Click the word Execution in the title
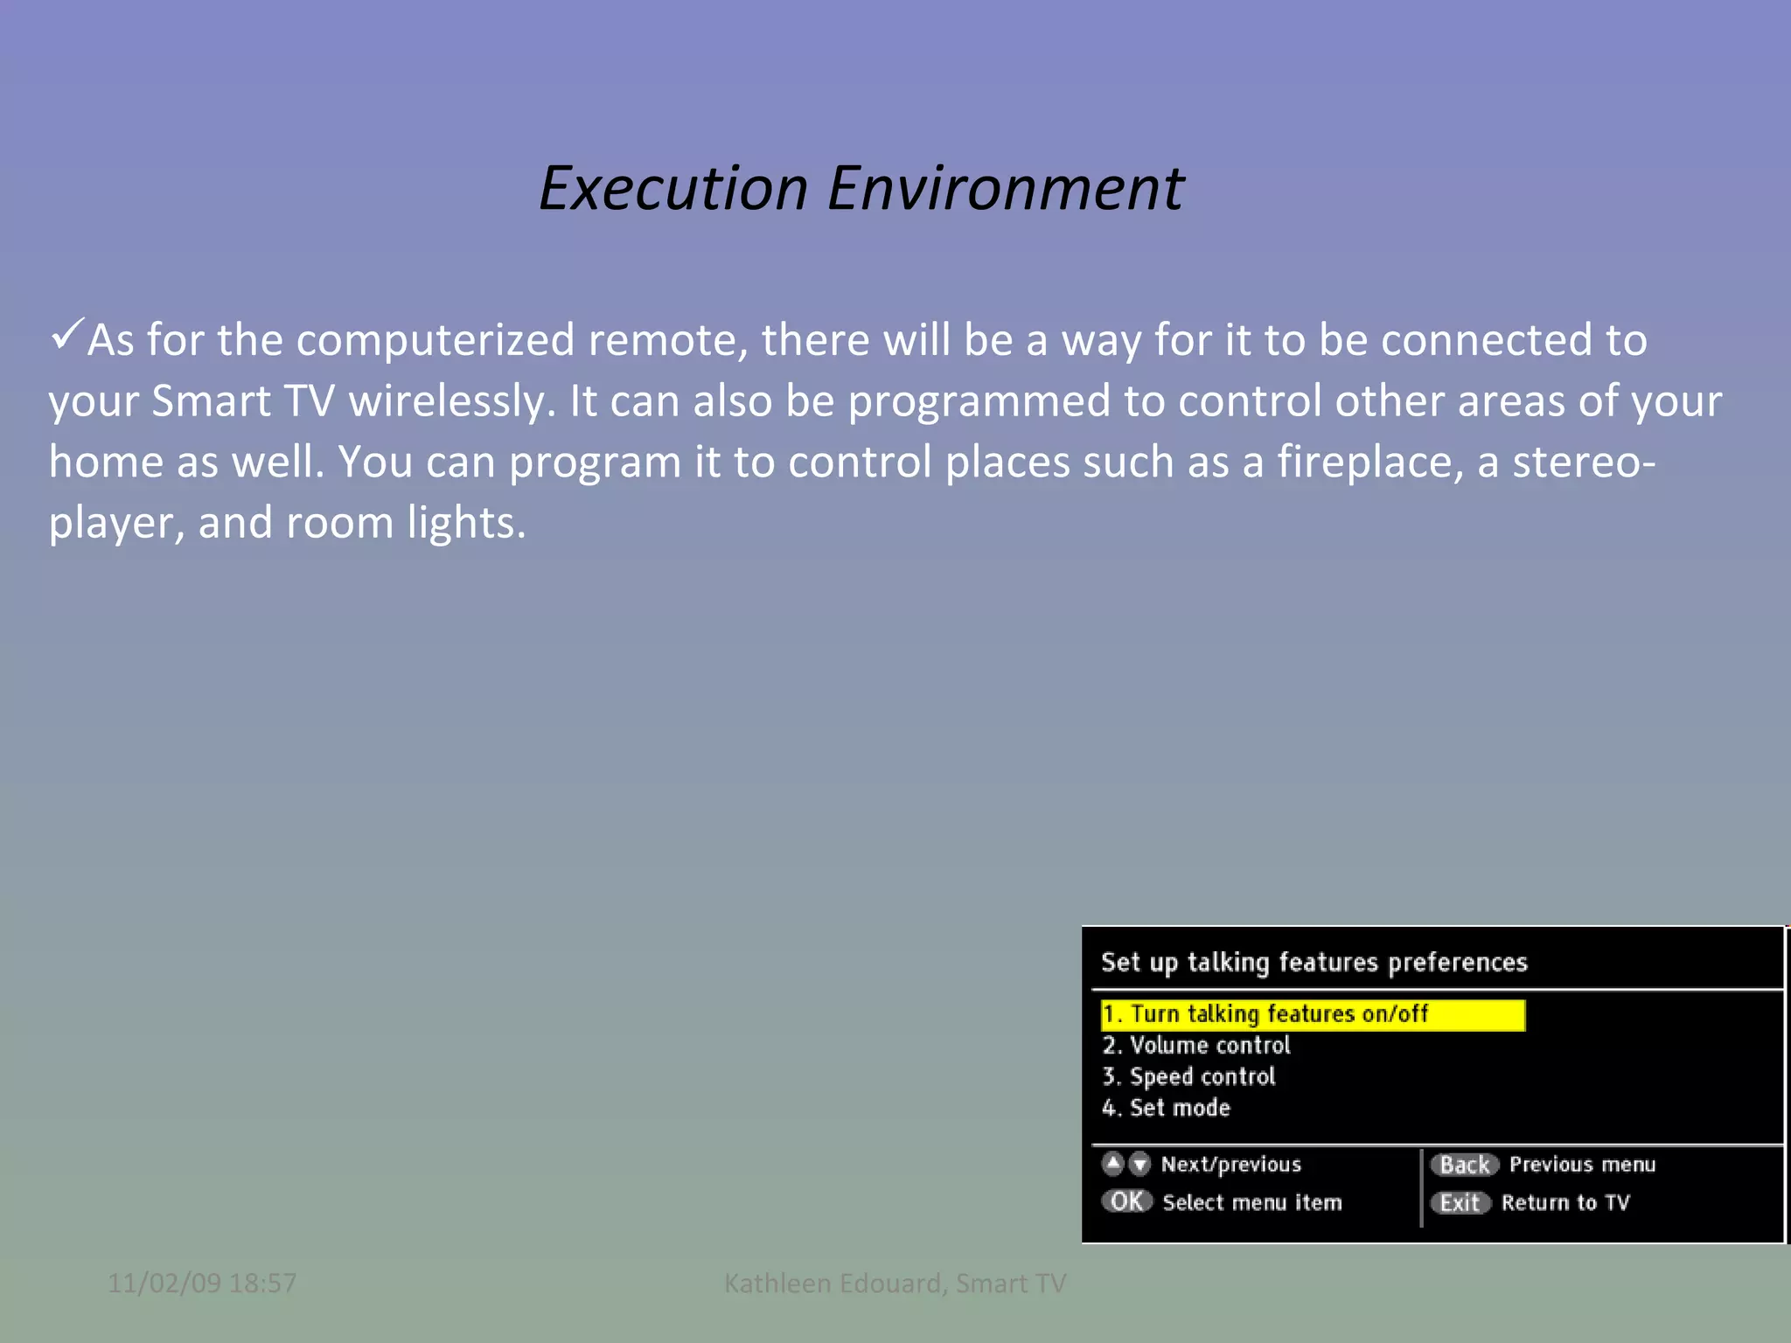673,189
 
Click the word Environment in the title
1006,189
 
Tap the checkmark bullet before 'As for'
66,334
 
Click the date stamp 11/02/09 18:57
202,1283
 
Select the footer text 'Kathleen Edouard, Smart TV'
895,1283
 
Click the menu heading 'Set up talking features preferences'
1314,963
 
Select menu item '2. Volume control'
1195,1046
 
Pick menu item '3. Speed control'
1188,1077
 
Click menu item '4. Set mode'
1166,1108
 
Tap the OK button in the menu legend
1126,1201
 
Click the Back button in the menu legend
1464,1165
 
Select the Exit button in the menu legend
1460,1203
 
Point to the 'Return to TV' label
1565,1203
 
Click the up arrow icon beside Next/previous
1112,1164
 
